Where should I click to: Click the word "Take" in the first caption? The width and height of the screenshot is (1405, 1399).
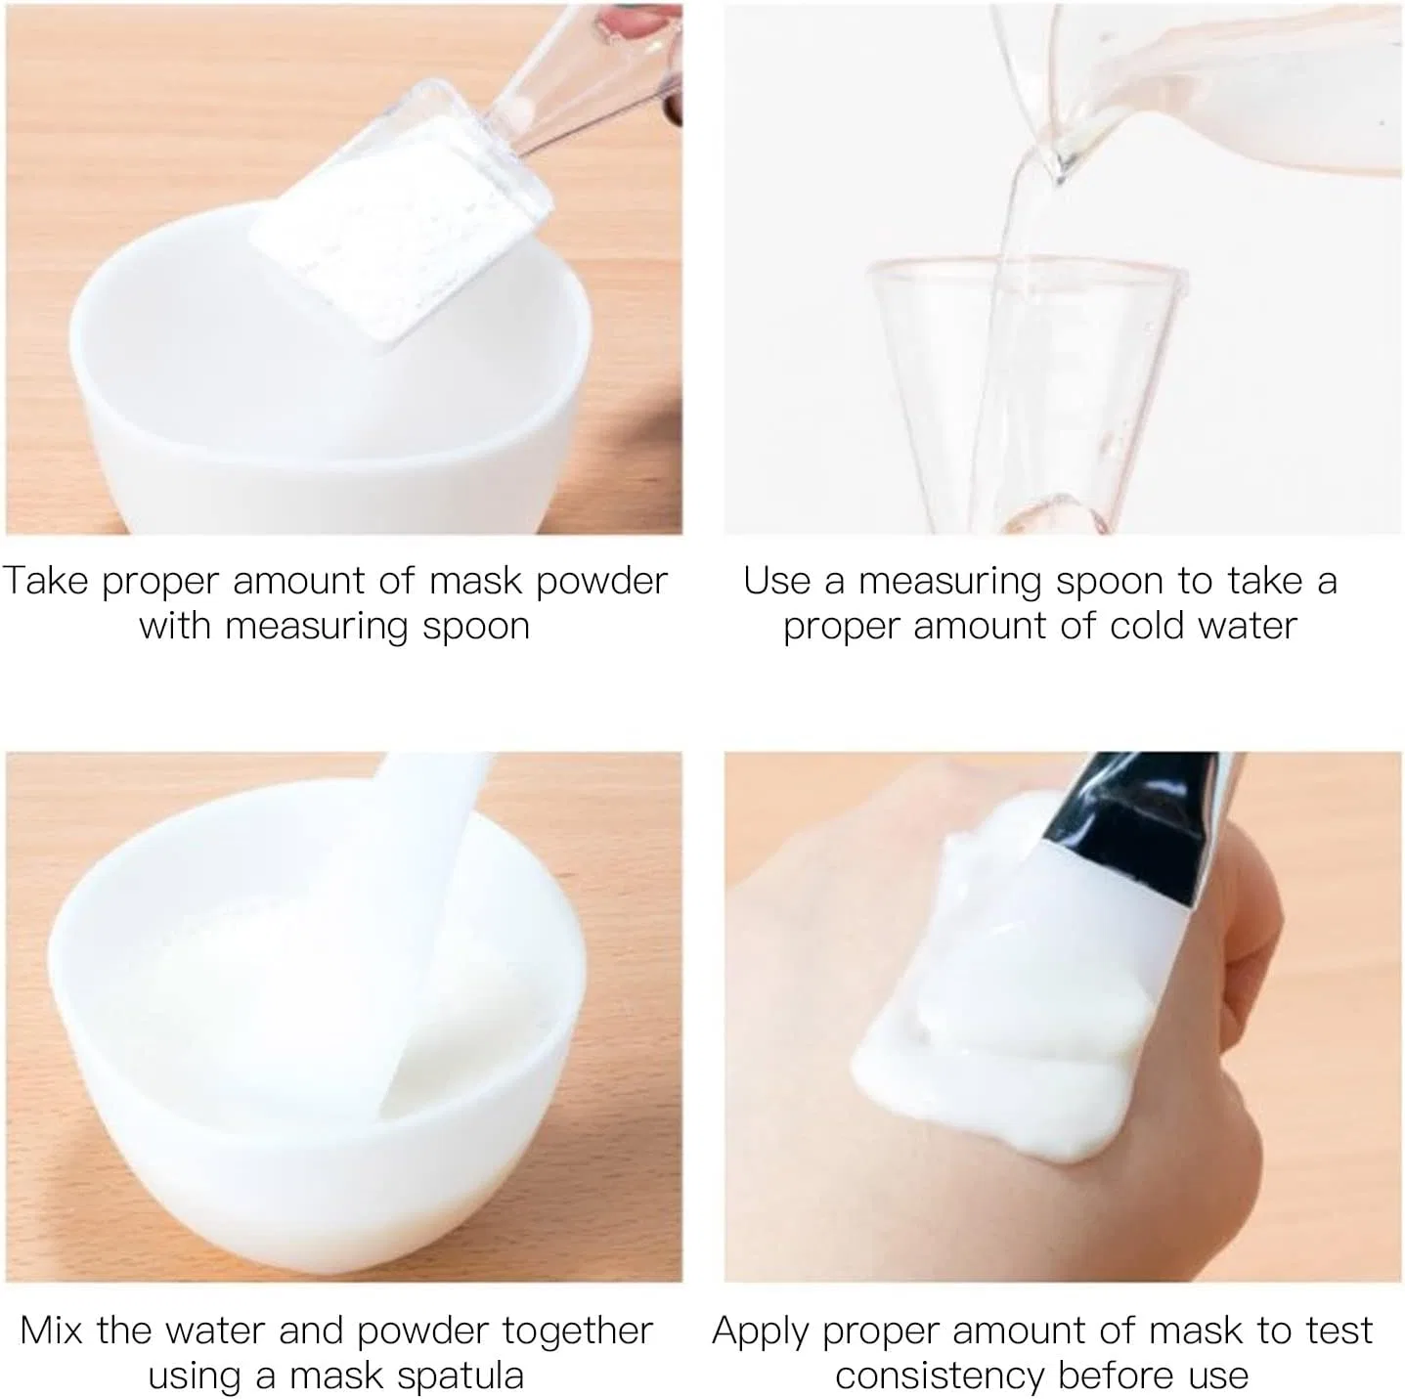[x=45, y=581]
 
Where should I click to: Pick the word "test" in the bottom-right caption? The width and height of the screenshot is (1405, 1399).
[x=1339, y=1331]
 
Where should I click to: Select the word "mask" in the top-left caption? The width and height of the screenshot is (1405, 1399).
[x=474, y=581]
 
